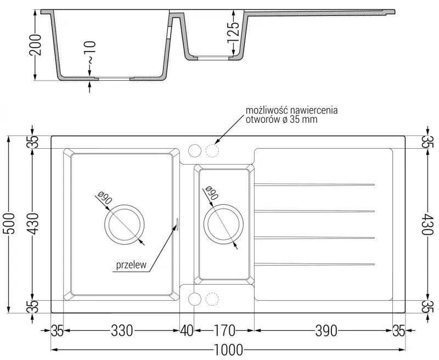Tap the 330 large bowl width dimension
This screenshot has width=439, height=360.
[x=122, y=331]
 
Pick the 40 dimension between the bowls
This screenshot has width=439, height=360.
[x=187, y=331]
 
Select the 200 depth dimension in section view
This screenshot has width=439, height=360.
[x=36, y=46]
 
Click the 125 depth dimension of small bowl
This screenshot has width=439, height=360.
[x=233, y=33]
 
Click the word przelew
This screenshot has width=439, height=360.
[x=130, y=265]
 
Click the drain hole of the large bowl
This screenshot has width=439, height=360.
[x=125, y=225]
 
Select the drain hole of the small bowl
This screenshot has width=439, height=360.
[x=223, y=225]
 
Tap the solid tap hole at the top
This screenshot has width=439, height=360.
[x=194, y=150]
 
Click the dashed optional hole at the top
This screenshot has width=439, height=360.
[x=212, y=150]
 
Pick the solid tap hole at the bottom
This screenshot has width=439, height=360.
[x=194, y=299]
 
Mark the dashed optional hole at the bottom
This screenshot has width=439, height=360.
[x=212, y=299]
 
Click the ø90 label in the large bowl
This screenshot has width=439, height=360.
[x=104, y=198]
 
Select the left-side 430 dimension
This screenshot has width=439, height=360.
[x=34, y=224]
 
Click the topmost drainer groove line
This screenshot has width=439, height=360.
[x=315, y=183]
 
